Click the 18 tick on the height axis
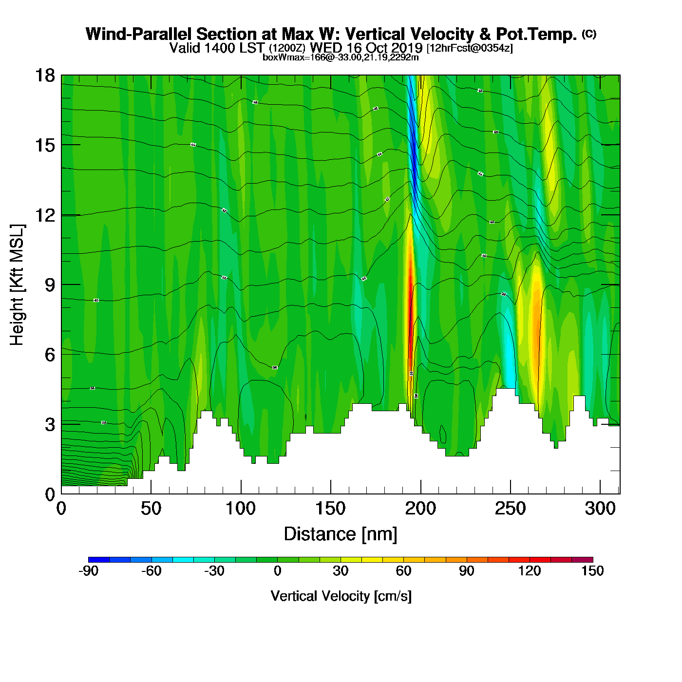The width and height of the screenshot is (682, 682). [x=44, y=76]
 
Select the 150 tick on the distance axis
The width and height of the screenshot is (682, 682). [x=330, y=509]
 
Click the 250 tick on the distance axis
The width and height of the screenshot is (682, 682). [x=510, y=509]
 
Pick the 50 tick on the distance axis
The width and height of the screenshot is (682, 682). [x=151, y=509]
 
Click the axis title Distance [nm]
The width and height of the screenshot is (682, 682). [x=341, y=534]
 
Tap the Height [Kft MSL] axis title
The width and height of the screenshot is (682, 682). [x=17, y=285]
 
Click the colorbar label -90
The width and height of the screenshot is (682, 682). [x=88, y=571]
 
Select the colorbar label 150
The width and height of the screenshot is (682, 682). [x=592, y=571]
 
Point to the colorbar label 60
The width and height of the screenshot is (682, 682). [x=403, y=571]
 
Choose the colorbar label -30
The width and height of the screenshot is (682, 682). [x=214, y=571]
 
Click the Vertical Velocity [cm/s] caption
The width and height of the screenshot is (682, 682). [x=341, y=596]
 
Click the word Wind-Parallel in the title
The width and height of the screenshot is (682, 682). [x=140, y=34]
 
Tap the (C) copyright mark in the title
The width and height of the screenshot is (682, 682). [x=589, y=34]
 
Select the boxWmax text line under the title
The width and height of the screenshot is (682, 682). [x=341, y=57]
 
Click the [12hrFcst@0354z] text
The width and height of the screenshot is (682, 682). [x=470, y=48]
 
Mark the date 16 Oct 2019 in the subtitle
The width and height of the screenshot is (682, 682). [x=383, y=48]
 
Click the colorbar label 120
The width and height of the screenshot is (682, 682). [x=530, y=571]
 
